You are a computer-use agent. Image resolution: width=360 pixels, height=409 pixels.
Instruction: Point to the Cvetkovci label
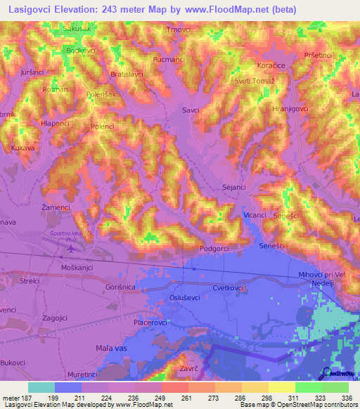tap(229, 288)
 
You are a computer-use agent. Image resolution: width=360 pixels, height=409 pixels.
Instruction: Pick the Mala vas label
tap(112, 348)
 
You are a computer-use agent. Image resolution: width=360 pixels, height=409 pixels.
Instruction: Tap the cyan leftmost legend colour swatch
tap(41, 387)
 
